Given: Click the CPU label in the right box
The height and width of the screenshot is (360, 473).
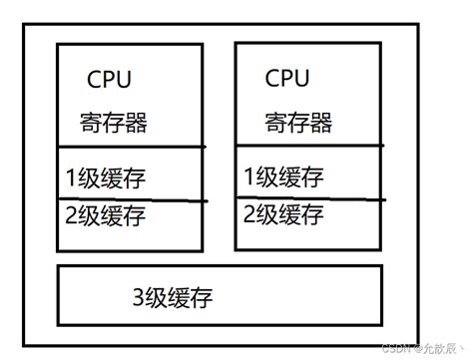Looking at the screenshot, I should pyautogui.click(x=287, y=78).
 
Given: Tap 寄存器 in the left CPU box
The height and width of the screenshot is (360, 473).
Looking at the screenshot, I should pyautogui.click(x=114, y=124).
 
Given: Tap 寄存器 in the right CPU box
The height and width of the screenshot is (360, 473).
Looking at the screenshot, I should pyautogui.click(x=298, y=123).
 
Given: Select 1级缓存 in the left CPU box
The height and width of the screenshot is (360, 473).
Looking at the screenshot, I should pyautogui.click(x=105, y=180).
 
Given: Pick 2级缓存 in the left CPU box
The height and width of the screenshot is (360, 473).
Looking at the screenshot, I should pyautogui.click(x=105, y=214).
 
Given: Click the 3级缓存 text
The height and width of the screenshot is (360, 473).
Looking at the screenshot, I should pyautogui.click(x=172, y=296).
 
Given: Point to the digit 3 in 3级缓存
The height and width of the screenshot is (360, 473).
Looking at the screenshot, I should pyautogui.click(x=138, y=296).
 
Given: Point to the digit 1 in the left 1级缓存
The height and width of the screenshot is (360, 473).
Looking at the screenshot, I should pyautogui.click(x=70, y=180).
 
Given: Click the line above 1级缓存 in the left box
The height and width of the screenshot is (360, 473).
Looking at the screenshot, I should pyautogui.click(x=130, y=148).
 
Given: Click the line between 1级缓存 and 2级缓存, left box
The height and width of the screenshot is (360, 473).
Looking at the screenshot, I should pyautogui.click(x=130, y=198).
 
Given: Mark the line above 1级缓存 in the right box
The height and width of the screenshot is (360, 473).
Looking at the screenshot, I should pyautogui.click(x=308, y=148).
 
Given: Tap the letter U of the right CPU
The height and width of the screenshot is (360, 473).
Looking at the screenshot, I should pyautogui.click(x=301, y=78).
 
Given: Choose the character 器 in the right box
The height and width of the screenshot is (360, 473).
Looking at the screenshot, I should pyautogui.click(x=320, y=123).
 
